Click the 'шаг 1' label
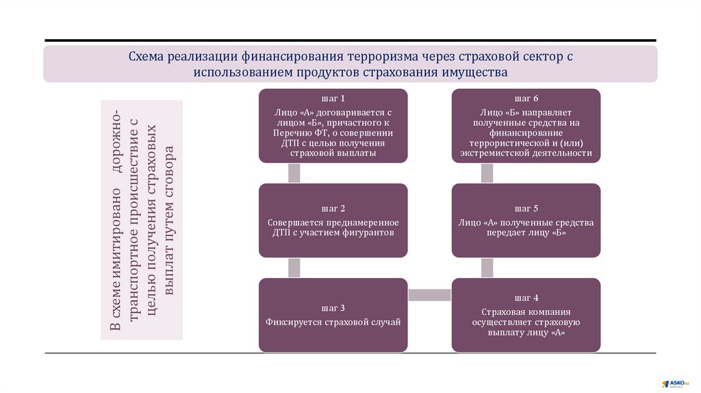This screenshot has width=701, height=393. pos(333,98)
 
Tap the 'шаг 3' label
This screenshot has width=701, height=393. pos(333,307)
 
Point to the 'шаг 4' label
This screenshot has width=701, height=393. pos(526,298)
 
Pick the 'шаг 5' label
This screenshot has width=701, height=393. pos(526,208)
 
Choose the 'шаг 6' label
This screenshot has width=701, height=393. pos(526,98)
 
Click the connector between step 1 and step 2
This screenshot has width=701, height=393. pos(294,173)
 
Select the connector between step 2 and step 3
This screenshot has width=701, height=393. pos(294,268)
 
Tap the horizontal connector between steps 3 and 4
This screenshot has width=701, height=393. pos(430,295)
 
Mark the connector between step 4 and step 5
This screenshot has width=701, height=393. pos(487,268)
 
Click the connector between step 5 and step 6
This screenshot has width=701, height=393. pos(487,173)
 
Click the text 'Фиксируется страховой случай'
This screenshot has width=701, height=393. pos(333,321)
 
